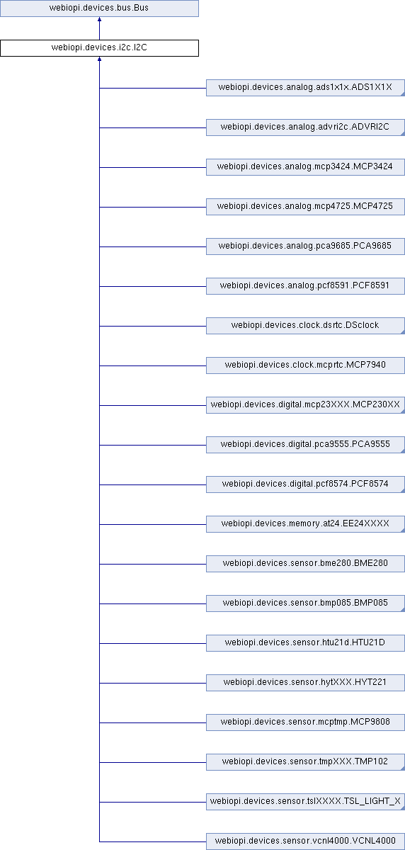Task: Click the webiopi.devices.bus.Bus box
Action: [99, 8]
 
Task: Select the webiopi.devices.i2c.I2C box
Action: [99, 48]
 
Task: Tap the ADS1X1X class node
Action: [305, 88]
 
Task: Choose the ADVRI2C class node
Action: [305, 127]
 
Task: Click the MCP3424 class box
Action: [305, 167]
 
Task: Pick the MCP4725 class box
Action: [305, 206]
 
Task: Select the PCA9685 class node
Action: [305, 246]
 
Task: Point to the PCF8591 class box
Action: [305, 285]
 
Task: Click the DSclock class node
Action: [305, 326]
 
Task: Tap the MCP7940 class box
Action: [305, 365]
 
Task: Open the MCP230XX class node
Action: [305, 405]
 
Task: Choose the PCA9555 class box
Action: [305, 444]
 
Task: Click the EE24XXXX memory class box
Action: [305, 523]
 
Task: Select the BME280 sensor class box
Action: [305, 564]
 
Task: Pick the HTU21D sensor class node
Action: [305, 643]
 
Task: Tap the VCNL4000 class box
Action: [305, 841]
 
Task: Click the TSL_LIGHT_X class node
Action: [305, 801]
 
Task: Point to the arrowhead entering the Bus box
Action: [99, 19]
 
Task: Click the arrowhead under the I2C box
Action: [99, 59]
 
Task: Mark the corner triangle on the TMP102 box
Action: [403, 769]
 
